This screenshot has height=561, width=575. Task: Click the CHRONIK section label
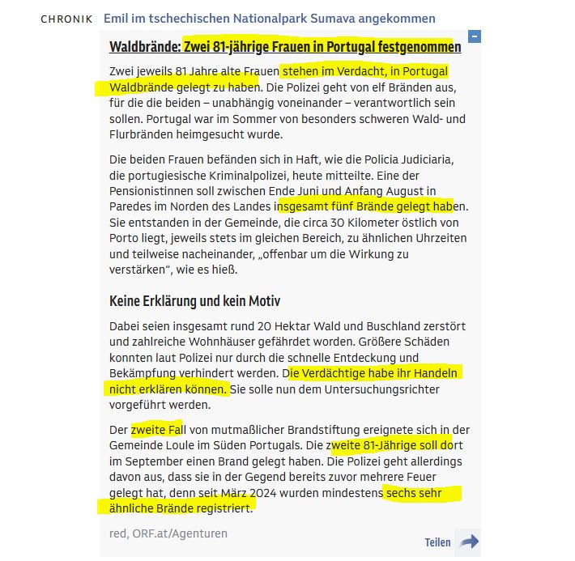66,19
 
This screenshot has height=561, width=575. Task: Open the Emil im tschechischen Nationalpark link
269,19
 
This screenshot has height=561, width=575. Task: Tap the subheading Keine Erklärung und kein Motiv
194,301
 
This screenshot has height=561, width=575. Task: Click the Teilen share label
437,542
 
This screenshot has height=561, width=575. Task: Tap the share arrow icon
468,542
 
